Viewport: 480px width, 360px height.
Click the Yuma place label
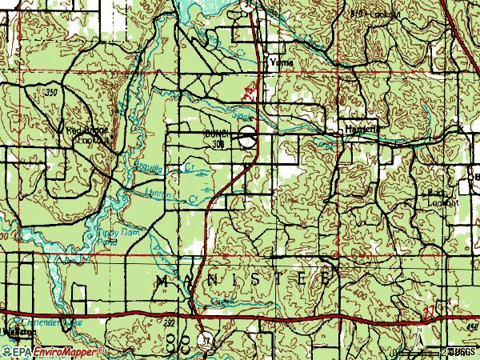[281, 62]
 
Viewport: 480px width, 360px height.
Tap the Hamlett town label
[359, 130]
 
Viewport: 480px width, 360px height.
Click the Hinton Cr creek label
[164, 194]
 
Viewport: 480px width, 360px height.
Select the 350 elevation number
[52, 94]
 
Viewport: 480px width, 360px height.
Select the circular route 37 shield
[210, 338]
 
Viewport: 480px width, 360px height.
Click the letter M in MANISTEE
[161, 280]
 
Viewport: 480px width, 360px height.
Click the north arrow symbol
[419, 334]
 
